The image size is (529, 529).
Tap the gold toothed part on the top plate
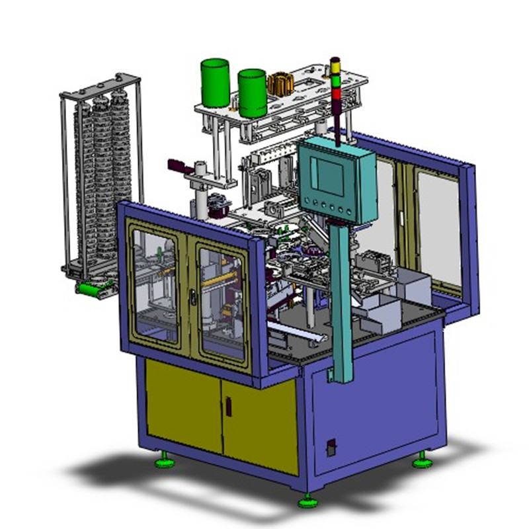pyautogui.click(x=280, y=85)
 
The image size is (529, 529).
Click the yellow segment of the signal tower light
pyautogui.click(x=335, y=73)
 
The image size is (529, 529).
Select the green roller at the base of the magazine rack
pyautogui.click(x=93, y=288)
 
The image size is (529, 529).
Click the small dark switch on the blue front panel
pyautogui.click(x=331, y=448)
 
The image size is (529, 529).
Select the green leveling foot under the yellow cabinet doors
pyautogui.click(x=164, y=462)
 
